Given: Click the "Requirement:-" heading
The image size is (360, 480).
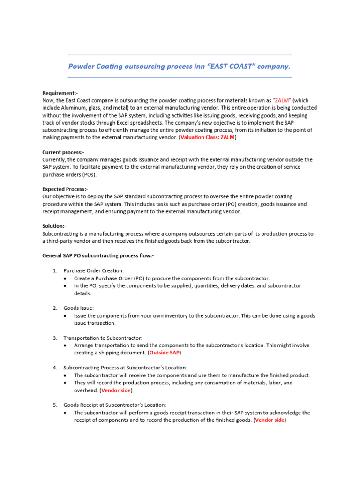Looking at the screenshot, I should click(x=60, y=93).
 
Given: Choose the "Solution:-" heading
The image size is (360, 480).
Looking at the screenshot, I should click(x=54, y=226).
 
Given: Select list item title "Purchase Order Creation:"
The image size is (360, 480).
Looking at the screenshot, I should click(x=94, y=270).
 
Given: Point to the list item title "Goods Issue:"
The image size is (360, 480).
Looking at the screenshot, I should click(x=79, y=308).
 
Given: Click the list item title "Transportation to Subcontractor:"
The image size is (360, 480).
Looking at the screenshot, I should click(x=103, y=338).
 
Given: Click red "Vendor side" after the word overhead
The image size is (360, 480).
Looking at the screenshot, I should click(x=116, y=390).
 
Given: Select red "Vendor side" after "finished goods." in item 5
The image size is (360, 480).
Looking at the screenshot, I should click(x=270, y=420).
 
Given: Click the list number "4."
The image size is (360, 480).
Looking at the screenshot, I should click(x=55, y=367).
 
